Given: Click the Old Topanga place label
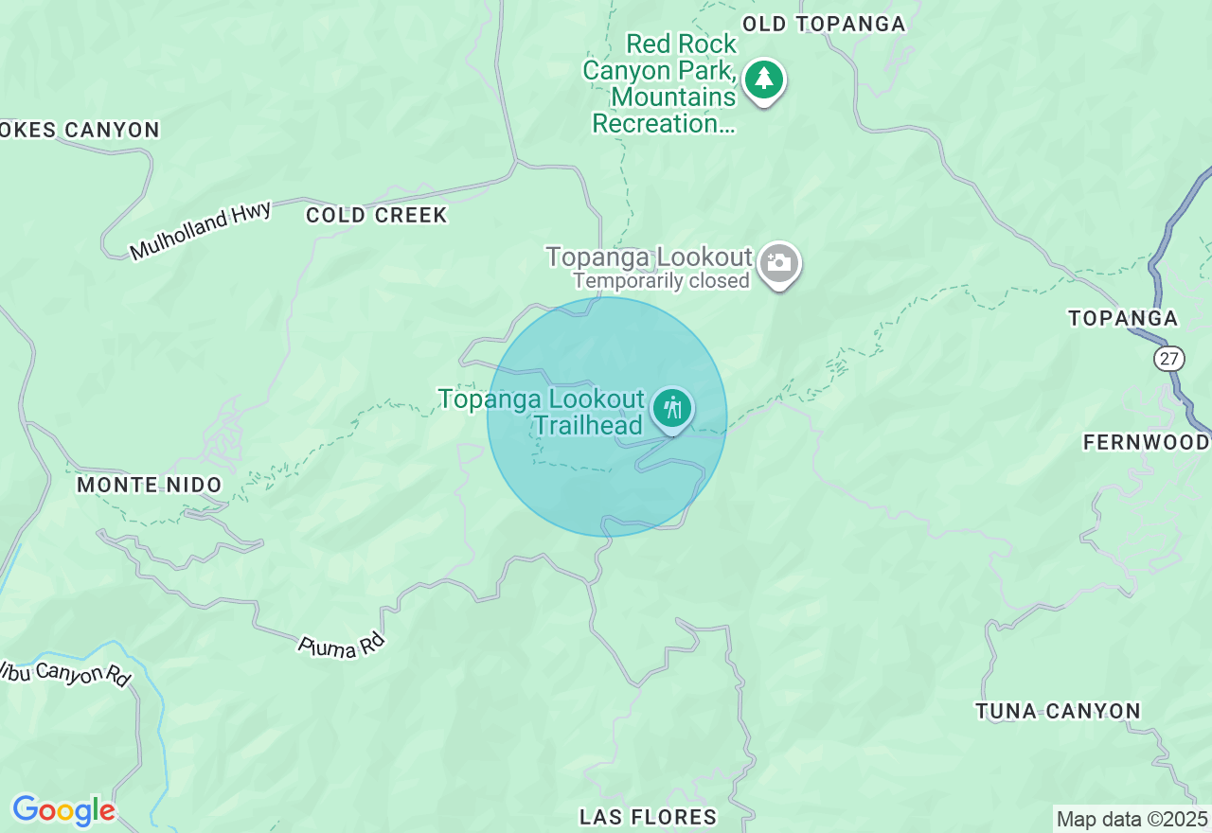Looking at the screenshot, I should click(824, 24).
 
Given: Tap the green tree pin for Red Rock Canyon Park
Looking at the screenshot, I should click(763, 80).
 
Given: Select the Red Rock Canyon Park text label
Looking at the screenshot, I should click(661, 83).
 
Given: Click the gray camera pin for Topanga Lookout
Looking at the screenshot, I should click(779, 264).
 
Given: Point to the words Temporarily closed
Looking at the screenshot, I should click(661, 281).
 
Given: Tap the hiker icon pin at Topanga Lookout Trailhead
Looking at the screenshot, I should click(672, 410).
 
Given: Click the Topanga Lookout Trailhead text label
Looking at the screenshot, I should click(542, 412).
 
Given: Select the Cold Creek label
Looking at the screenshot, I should click(376, 215).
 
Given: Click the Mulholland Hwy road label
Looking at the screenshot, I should click(201, 230).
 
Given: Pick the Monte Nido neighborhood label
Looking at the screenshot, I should click(149, 485).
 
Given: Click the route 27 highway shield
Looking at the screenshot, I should click(1169, 359).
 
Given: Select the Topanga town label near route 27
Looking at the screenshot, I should click(1123, 318).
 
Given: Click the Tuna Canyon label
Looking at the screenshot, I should click(1058, 711).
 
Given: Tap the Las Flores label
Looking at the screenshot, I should click(648, 816).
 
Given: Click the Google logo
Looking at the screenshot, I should click(63, 811).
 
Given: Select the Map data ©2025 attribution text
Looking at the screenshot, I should click(1132, 819).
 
